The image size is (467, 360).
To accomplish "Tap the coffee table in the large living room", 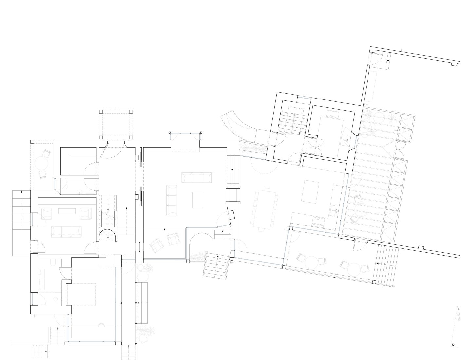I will tap(198, 200).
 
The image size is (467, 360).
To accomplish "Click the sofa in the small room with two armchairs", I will tap(66, 231).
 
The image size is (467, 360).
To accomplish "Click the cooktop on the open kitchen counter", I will tap(318, 222).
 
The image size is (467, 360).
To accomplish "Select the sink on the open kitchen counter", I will tap(333, 208).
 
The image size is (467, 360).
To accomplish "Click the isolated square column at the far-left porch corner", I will tap(32, 142).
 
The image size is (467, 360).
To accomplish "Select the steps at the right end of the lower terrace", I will tap(387, 264).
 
